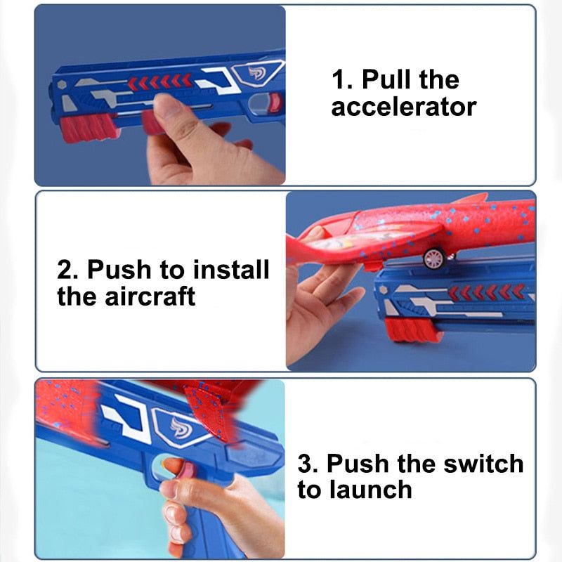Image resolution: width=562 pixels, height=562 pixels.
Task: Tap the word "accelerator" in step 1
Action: [404, 107]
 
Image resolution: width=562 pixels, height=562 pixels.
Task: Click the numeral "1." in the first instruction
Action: [342, 79]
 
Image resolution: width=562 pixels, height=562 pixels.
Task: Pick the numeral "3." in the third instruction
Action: [310, 463]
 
